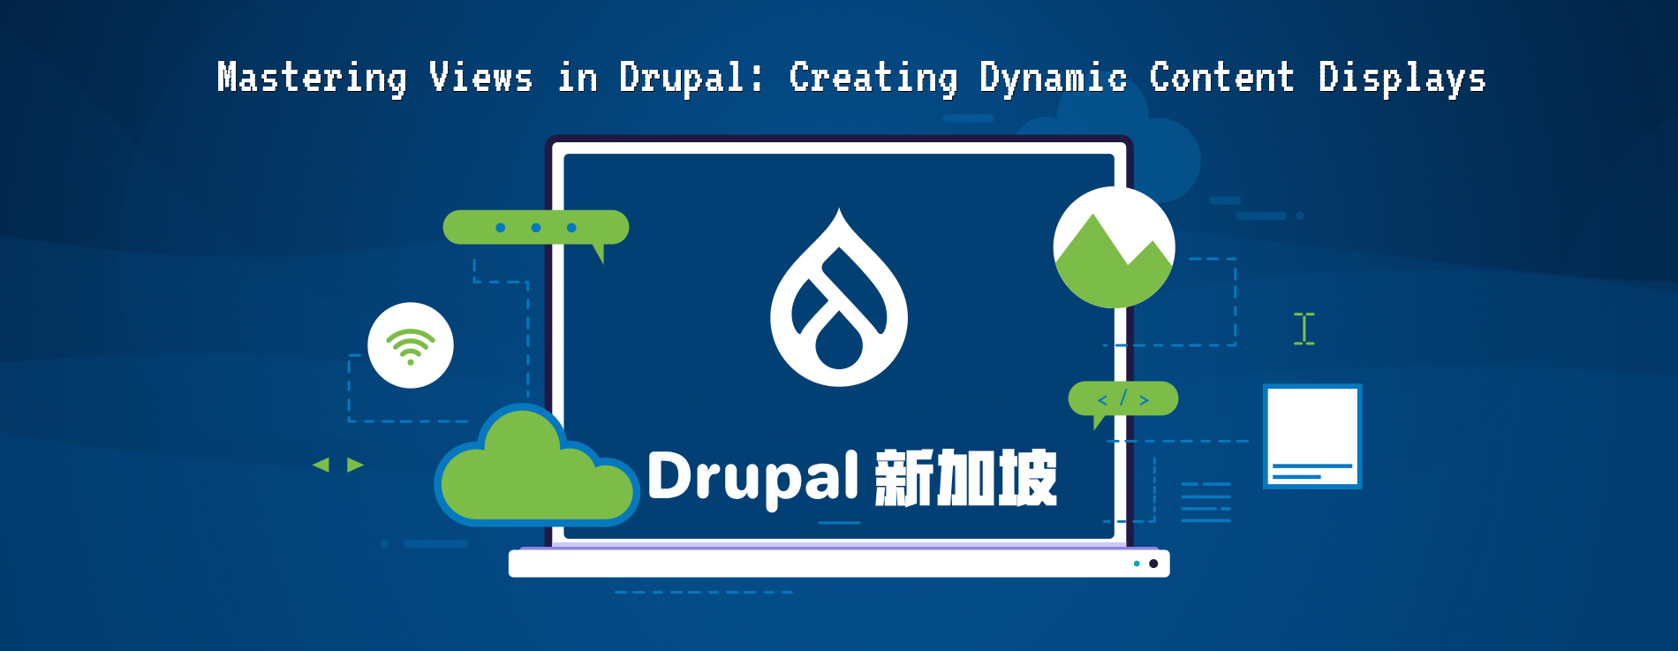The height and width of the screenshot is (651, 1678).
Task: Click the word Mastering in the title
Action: pyautogui.click(x=312, y=78)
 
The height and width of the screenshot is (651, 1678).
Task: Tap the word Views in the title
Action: pyautogui.click(x=481, y=78)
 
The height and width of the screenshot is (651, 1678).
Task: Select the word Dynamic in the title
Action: pyautogui.click(x=1053, y=78)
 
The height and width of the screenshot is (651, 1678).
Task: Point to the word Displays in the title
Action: pyautogui.click(x=1402, y=78)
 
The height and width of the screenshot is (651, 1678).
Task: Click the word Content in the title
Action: pyautogui.click(x=1221, y=78)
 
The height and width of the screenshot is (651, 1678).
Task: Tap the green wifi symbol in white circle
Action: pyautogui.click(x=411, y=345)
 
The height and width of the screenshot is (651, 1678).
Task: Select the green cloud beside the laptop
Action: pyautogui.click(x=534, y=473)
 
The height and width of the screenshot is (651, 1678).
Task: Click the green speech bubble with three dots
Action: pyautogui.click(x=535, y=228)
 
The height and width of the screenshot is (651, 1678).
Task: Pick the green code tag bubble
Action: pyautogui.click(x=1123, y=399)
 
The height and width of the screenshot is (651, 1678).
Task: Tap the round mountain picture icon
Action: pyautogui.click(x=1114, y=248)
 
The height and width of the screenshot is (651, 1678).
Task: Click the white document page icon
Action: pyautogui.click(x=1312, y=435)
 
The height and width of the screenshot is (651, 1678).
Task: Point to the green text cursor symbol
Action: pyautogui.click(x=1304, y=329)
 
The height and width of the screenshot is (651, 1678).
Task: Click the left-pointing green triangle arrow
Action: pyautogui.click(x=321, y=465)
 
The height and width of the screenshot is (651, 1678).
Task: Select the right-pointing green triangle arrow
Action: pyautogui.click(x=355, y=465)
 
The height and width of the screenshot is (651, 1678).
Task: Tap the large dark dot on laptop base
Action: pyautogui.click(x=1153, y=564)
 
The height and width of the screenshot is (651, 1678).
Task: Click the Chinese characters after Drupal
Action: pyautogui.click(x=966, y=478)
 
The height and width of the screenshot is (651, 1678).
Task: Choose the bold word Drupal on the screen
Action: pyautogui.click(x=752, y=478)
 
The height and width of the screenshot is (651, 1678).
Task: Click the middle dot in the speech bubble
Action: pyautogui.click(x=536, y=228)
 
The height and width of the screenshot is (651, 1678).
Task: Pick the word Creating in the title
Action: pyautogui.click(x=873, y=78)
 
